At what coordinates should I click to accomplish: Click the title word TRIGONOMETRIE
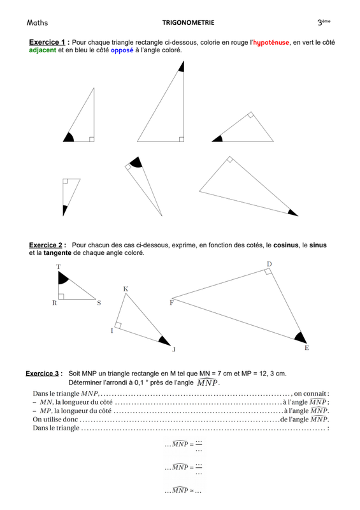pos(189,23)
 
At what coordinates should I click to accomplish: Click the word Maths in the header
pos(37,22)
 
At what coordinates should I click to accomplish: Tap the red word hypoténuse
pos(271,43)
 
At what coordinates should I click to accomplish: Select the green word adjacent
pos(43,50)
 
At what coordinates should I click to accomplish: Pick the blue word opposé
pos(122,50)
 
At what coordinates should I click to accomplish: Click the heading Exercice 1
pos(47,42)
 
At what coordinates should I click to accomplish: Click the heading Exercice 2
pos(45,245)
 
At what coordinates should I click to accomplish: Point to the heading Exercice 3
pos(42,374)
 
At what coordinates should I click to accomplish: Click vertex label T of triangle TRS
pos(58,267)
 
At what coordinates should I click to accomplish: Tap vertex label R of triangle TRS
pos(54,303)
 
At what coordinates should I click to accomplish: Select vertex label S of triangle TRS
pos(99,303)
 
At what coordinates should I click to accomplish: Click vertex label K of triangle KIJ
pos(126,289)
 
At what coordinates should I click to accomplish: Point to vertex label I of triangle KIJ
pos(112,331)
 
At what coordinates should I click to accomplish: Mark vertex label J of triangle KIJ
pos(174,349)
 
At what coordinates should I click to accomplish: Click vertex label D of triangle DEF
pos(270,264)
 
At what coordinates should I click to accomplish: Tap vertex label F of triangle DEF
pos(171,303)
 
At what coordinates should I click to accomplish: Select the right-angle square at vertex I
pos(118,325)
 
